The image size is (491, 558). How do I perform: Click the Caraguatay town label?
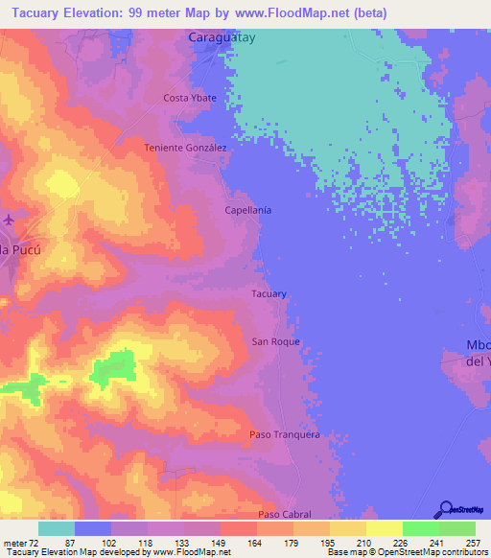tap(222, 39)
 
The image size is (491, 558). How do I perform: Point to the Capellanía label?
tap(247, 209)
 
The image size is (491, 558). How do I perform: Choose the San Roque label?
tap(276, 342)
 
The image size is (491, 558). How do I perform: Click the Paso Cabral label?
tap(284, 515)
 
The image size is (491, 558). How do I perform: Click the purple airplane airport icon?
tap(9, 220)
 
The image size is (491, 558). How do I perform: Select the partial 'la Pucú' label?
tap(18, 250)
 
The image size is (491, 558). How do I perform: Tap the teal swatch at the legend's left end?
tap(56, 528)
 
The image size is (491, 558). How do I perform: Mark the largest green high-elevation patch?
tap(113, 368)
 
